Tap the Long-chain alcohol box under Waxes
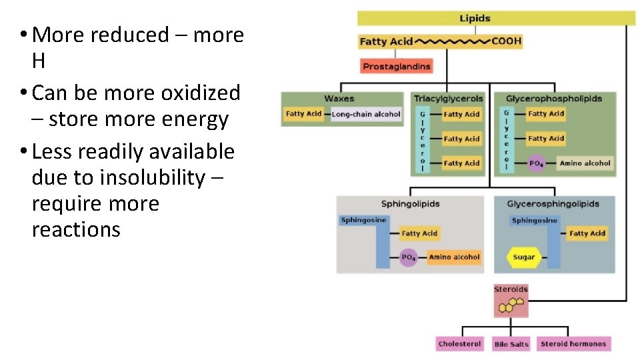[366, 114]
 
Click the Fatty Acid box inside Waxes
[303, 114]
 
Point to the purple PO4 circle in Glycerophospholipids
[535, 163]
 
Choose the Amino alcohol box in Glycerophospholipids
[585, 163]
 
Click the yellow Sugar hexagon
[524, 257]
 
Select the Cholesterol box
[459, 344]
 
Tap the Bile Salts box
[511, 344]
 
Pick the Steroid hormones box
[573, 344]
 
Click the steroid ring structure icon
[511, 305]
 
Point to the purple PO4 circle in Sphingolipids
[408, 257]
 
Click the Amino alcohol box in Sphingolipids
[454, 257]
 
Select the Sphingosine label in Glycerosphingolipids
[535, 221]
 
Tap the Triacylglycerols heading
[448, 99]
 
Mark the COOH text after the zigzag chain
[507, 41]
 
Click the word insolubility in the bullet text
[159, 178]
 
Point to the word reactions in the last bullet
[76, 230]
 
